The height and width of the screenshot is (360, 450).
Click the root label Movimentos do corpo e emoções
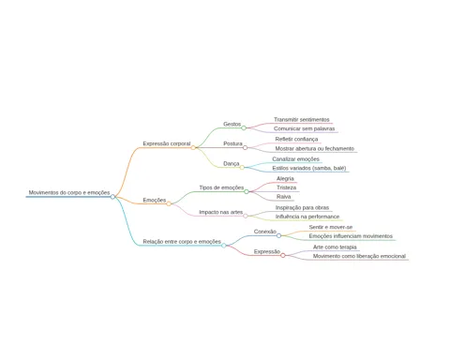point(69,192)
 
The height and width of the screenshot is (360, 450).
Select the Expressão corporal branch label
point(167,143)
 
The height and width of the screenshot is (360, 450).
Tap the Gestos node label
point(232,124)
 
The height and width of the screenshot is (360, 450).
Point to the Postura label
point(232,143)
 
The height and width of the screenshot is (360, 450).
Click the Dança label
point(232,163)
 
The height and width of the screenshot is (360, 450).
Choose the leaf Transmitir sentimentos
point(302,119)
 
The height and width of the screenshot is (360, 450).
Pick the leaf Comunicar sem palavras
point(304,128)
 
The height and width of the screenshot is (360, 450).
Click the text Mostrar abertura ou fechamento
point(315,148)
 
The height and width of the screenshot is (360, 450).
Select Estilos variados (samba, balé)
point(309,168)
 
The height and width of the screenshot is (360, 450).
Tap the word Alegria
point(285,178)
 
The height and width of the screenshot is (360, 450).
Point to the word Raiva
point(284,197)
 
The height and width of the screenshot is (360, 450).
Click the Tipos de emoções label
point(221,187)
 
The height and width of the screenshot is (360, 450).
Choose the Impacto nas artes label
point(221,212)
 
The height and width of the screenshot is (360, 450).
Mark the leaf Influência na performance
point(307,217)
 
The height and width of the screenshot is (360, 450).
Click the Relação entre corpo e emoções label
point(182,242)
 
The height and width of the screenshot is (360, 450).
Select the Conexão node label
point(265,232)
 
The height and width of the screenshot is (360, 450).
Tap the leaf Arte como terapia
point(335,247)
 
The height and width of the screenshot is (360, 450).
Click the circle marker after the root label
point(112,197)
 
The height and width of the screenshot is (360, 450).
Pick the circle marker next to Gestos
point(244,127)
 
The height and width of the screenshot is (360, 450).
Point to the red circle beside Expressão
point(283,256)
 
